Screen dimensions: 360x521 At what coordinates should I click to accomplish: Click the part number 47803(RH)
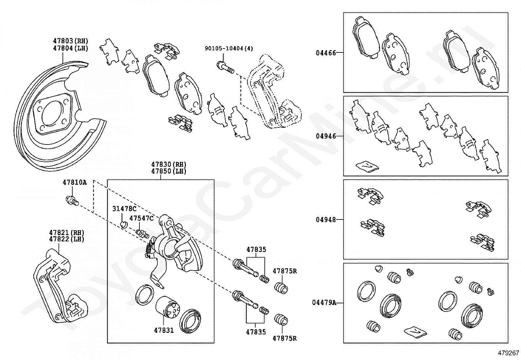point(71,41)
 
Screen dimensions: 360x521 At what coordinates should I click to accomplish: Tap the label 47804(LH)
point(71,48)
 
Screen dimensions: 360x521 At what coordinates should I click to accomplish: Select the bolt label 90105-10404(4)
point(229,48)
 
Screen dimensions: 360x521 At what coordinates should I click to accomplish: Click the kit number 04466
point(326,52)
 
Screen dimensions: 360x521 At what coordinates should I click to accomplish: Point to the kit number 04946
point(326,136)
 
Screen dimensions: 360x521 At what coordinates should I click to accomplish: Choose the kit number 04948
point(326,219)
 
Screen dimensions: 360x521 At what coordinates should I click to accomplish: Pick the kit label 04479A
point(324,303)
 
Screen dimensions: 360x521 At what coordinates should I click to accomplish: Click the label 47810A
point(75,182)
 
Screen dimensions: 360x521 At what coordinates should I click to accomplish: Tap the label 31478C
point(124,209)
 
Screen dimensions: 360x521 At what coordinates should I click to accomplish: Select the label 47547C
point(141,218)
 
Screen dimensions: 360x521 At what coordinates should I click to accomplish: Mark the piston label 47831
point(164,331)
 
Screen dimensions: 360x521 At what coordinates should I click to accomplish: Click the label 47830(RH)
point(169,164)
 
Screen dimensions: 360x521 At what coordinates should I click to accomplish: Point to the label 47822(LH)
point(67,239)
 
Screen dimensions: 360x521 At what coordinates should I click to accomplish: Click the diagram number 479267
point(509,353)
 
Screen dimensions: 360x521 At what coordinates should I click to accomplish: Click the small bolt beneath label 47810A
point(72,200)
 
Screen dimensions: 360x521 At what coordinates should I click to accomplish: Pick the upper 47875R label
point(285,271)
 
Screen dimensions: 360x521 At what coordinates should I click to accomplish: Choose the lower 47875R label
point(285,338)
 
